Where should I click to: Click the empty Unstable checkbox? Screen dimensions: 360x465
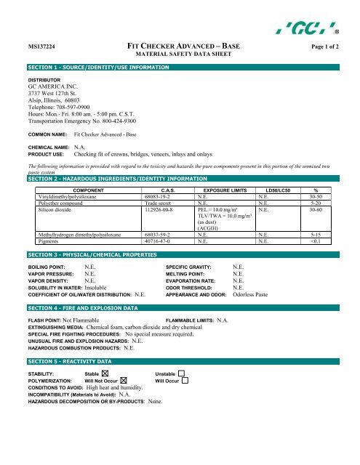(181, 373)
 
